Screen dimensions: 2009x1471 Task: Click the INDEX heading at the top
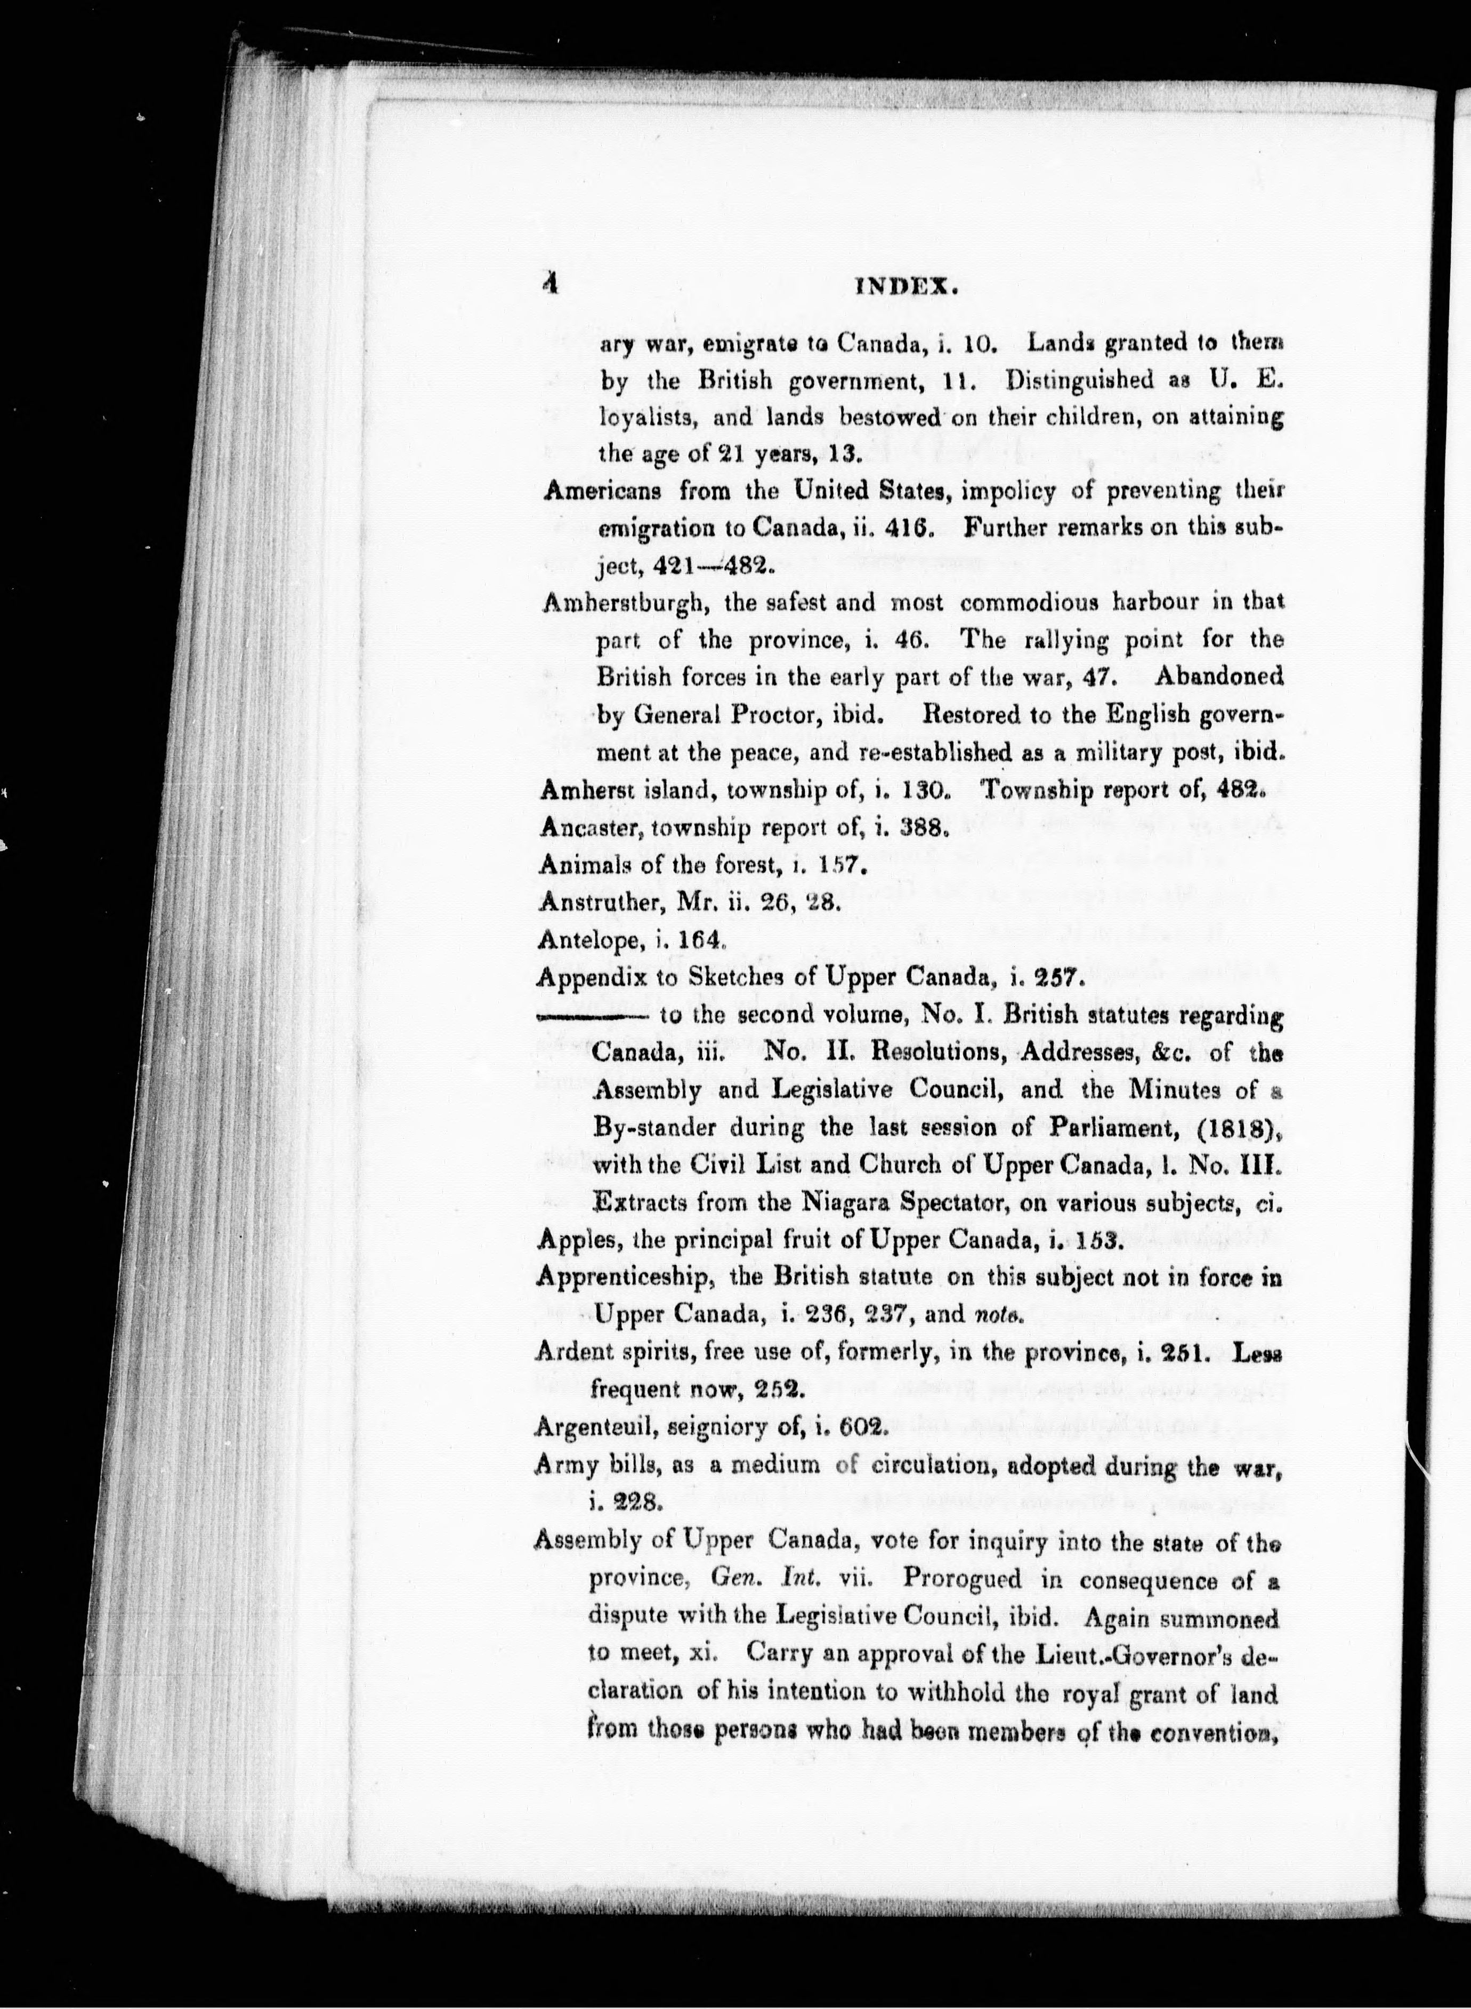pyautogui.click(x=906, y=287)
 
